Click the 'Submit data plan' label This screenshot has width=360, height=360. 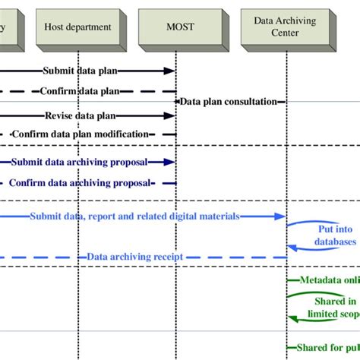[80, 71]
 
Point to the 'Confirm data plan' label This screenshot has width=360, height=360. [80, 91]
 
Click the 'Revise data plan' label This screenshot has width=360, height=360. [80, 116]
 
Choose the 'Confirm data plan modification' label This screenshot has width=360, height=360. [80, 134]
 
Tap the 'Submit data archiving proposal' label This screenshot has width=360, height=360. [80, 162]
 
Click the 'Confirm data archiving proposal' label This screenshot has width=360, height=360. [80, 182]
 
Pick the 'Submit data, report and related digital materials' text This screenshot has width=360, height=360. [135, 216]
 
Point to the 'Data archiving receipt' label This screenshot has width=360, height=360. [135, 257]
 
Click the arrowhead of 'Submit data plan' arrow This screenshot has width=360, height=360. [170, 71]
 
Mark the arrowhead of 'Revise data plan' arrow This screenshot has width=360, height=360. [170, 116]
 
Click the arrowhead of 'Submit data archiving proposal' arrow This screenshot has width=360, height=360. [170, 162]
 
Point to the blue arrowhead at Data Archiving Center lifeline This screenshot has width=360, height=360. [280, 216]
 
